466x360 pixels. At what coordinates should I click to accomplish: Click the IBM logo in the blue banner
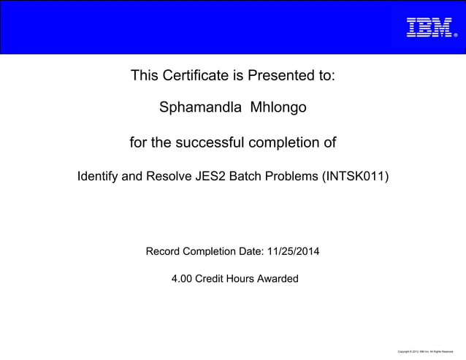(429, 27)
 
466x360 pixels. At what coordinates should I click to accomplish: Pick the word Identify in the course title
(100, 177)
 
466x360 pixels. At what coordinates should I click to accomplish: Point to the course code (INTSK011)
(356, 177)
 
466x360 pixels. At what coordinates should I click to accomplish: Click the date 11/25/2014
(293, 252)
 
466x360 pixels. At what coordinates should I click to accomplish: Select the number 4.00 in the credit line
(183, 278)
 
